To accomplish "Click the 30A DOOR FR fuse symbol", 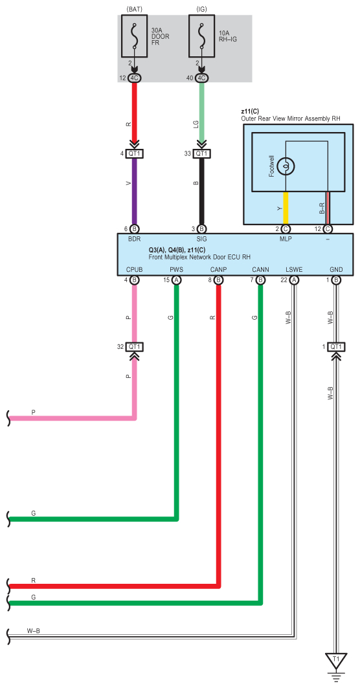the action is (134, 36).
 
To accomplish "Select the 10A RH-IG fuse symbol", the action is (201, 36).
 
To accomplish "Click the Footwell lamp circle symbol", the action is (286, 166).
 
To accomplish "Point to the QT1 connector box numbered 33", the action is (201, 153).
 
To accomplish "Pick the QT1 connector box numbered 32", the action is (134, 347).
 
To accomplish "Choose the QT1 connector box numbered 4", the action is (134, 153).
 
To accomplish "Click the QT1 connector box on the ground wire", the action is (336, 347).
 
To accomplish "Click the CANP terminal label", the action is (218, 269).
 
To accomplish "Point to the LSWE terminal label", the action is (293, 269).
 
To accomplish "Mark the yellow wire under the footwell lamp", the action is (286, 208).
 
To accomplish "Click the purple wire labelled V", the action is (134, 192).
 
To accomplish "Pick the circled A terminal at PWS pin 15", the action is (177, 280).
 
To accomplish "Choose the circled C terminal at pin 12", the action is (328, 229).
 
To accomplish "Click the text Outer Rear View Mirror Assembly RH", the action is (290, 118).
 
